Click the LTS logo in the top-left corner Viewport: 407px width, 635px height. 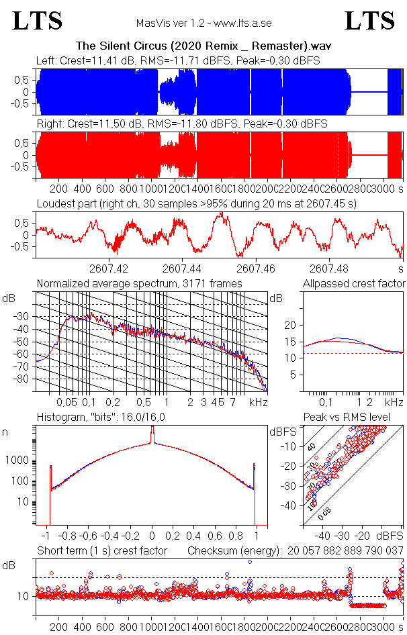38,21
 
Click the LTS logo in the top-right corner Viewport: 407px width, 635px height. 369,21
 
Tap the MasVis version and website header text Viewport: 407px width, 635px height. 203,23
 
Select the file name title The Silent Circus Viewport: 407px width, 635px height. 203,46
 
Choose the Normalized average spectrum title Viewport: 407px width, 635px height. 140,283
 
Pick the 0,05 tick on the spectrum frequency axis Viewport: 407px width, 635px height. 67,402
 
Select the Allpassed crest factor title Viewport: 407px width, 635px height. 354,283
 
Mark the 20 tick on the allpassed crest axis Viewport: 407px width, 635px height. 291,325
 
